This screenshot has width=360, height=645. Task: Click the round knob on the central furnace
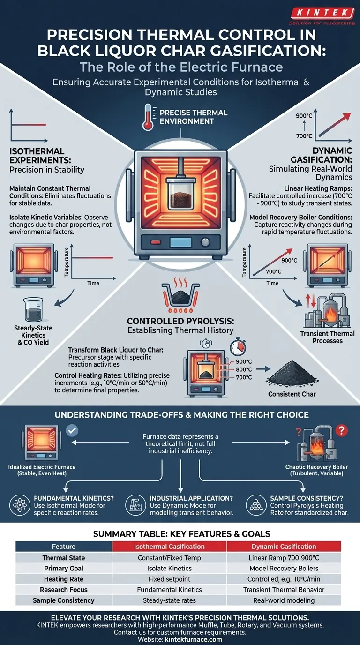point(204,242)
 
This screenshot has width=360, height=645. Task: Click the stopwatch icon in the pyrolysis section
point(237,347)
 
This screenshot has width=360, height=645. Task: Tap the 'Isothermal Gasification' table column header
point(169,546)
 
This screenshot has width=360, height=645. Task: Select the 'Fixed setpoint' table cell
point(169,579)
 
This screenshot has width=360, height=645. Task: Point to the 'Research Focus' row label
point(64,590)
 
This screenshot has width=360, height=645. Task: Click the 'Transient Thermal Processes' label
point(327,337)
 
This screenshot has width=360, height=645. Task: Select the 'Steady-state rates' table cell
point(169,600)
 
